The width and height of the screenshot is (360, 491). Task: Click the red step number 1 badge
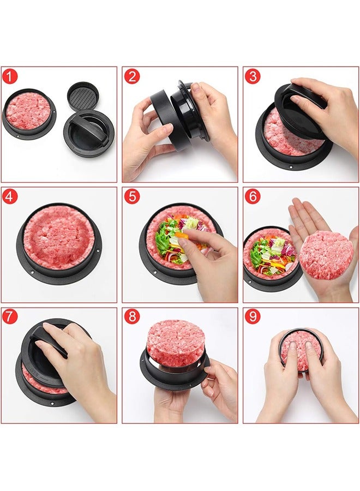10,76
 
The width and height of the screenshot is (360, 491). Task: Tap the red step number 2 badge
132,76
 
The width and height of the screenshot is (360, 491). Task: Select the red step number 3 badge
253,76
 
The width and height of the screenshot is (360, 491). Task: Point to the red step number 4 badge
10,196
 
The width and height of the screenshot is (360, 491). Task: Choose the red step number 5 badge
132,196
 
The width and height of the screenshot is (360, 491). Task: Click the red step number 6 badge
253,196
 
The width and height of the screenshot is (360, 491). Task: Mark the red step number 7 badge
10,317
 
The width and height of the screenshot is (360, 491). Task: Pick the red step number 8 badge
132,317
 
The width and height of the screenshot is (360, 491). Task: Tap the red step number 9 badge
253,317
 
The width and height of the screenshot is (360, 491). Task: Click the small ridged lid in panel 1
83,96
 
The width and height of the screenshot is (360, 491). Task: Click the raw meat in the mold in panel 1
28,111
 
